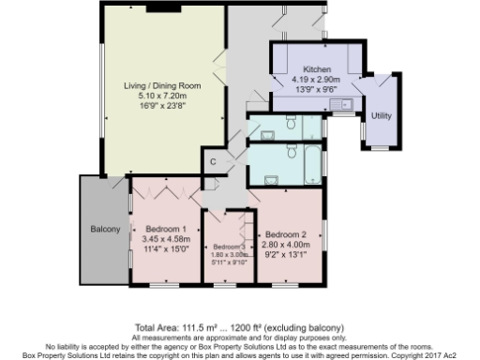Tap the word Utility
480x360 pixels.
(381, 115)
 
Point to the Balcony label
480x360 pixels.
(104, 230)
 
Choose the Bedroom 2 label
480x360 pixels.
(286, 234)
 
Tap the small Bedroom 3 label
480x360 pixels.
(225, 246)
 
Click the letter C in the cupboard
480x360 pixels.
(213, 161)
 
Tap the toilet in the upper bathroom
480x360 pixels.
(292, 123)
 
